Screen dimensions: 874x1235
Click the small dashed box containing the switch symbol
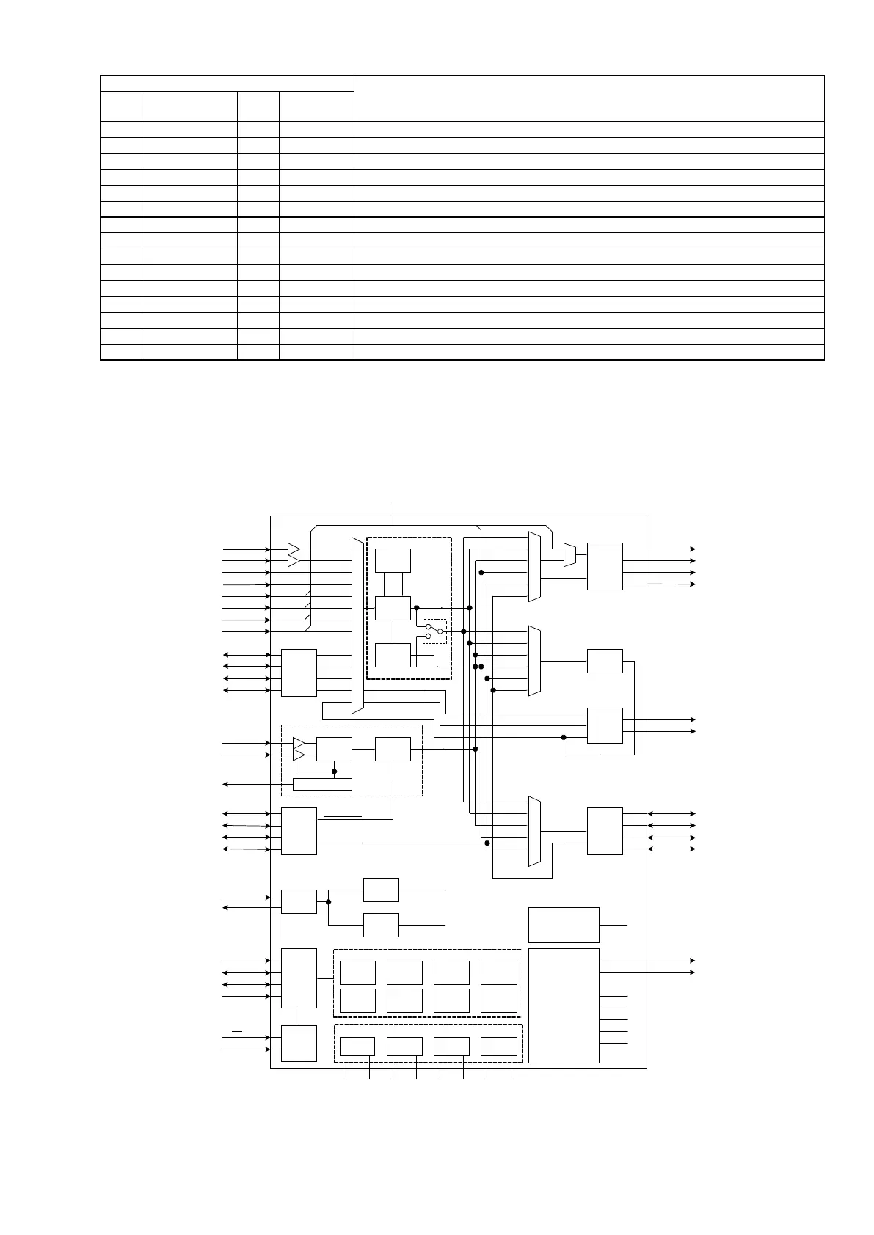pyautogui.click(x=434, y=631)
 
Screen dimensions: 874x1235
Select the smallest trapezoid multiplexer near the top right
pyautogui.click(x=569, y=554)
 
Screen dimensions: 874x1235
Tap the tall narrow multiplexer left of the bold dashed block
pyautogui.click(x=357, y=625)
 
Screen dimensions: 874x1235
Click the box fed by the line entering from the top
pyautogui.click(x=393, y=560)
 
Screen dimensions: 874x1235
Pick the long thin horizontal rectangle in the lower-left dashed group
pyautogui.click(x=322, y=784)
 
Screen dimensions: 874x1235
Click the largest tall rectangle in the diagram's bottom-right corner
pyautogui.click(x=564, y=1005)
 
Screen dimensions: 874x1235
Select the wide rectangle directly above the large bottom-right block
pyautogui.click(x=564, y=925)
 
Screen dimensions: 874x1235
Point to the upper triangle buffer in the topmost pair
pyautogui.click(x=294, y=549)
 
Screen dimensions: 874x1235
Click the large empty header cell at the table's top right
pyautogui.click(x=589, y=98)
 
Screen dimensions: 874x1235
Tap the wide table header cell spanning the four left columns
pyautogui.click(x=227, y=83)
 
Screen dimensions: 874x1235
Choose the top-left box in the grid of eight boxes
pyautogui.click(x=357, y=972)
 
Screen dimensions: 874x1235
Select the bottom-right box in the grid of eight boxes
pyautogui.click(x=499, y=1000)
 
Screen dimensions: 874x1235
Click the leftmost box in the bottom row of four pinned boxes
pyautogui.click(x=357, y=1047)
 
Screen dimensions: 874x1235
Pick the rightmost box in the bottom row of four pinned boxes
pyautogui.click(x=499, y=1047)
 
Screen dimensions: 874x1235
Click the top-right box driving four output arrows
pyautogui.click(x=605, y=566)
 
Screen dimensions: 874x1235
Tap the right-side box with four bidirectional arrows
pyautogui.click(x=605, y=831)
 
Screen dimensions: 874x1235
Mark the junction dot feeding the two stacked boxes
pyautogui.click(x=328, y=901)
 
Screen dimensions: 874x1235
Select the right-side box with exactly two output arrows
pyautogui.click(x=605, y=725)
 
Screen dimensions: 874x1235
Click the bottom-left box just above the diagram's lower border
pyautogui.click(x=299, y=1043)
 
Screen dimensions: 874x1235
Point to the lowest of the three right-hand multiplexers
pyautogui.click(x=534, y=831)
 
